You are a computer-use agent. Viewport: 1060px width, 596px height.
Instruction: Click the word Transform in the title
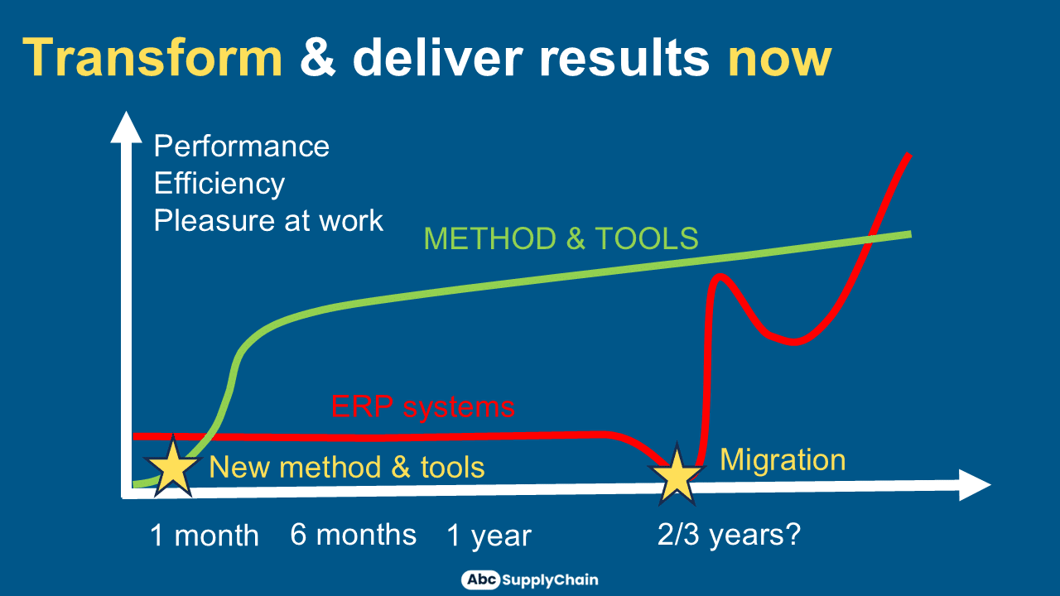[x=152, y=58]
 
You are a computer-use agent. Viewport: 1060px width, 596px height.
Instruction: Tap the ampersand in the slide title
[x=318, y=58]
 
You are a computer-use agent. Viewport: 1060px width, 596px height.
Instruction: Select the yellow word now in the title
[x=779, y=60]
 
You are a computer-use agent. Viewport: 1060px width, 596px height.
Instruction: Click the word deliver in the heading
[x=438, y=57]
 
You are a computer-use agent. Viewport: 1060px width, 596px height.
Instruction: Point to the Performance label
[x=241, y=146]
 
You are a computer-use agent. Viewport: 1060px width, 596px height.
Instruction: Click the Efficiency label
[x=219, y=184]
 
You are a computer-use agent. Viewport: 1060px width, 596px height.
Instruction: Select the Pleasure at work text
[x=268, y=220]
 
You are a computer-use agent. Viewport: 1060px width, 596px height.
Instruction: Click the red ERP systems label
[x=422, y=406]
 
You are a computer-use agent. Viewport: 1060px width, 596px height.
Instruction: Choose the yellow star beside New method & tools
[x=172, y=468]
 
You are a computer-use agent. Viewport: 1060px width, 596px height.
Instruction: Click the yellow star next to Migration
[x=677, y=475]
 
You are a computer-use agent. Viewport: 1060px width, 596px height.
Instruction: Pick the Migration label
[x=783, y=459]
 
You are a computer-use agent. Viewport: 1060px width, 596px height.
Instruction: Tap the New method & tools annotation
[x=347, y=468]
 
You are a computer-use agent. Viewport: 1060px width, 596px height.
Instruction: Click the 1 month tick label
[x=205, y=536]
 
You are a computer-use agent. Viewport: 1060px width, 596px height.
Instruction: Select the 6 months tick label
[x=353, y=535]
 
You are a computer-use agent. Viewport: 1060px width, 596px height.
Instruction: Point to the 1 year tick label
[x=489, y=536]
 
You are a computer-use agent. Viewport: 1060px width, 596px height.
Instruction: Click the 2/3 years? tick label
[x=729, y=535]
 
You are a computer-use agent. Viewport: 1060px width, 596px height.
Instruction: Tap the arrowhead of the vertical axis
[x=126, y=127]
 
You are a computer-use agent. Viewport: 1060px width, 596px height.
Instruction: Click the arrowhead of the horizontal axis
[x=975, y=485]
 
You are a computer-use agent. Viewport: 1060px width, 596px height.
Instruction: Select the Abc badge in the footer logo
[x=481, y=579]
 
